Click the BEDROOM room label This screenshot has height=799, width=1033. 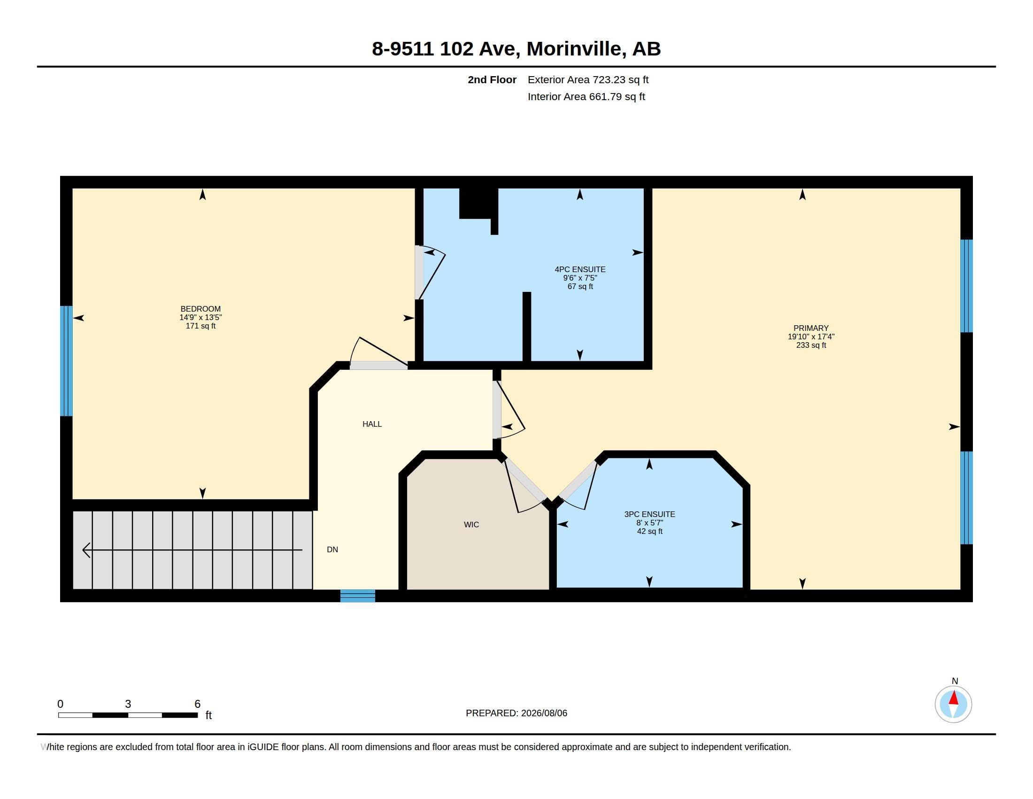200,309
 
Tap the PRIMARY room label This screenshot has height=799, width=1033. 811,329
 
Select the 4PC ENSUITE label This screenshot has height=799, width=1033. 580,269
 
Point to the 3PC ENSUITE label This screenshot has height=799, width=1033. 649,514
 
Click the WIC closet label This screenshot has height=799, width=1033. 471,525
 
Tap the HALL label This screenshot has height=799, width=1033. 372,424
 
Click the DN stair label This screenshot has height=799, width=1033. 332,549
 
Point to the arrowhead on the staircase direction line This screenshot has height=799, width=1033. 86,550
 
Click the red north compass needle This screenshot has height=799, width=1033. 954,698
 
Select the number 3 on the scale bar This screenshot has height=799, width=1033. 128,704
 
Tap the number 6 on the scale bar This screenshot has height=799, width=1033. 198,704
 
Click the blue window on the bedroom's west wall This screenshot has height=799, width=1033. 66,360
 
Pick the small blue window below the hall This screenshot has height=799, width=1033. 358,596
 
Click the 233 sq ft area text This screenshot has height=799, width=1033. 811,345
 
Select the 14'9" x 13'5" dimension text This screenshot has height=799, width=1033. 200,318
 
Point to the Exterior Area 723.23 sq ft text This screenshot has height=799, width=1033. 588,79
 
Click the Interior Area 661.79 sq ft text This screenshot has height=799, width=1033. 586,96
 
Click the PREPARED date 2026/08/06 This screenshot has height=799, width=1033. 544,713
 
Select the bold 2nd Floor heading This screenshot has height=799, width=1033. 492,79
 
